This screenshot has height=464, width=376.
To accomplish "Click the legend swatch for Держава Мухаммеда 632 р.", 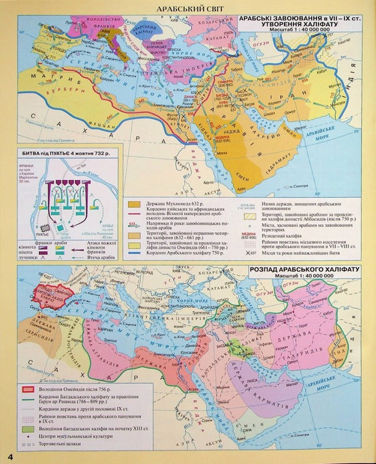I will [135, 204].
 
